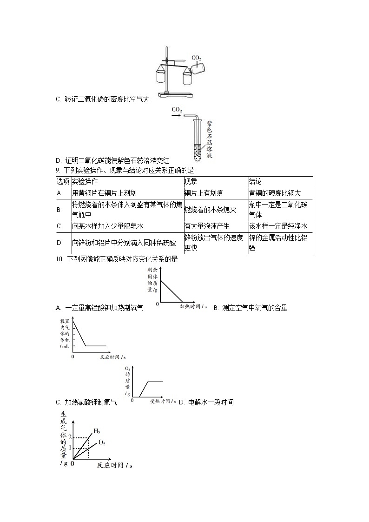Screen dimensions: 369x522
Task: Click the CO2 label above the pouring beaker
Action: pyautogui.click(x=197, y=58)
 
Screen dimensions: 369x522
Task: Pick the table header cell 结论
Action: pyautogui.click(x=255, y=181)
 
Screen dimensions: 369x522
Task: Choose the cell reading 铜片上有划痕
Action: pyautogui.click(x=204, y=193)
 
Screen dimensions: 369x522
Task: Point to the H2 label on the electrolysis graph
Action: pyautogui.click(x=97, y=431)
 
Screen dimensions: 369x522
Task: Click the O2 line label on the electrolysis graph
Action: pyautogui.click(x=102, y=443)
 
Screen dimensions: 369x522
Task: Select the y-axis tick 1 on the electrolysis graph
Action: pyautogui.click(x=70, y=448)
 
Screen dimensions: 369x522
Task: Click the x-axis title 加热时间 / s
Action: pyautogui.click(x=193, y=307)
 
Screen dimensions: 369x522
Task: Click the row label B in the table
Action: pyautogui.click(x=59, y=210)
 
